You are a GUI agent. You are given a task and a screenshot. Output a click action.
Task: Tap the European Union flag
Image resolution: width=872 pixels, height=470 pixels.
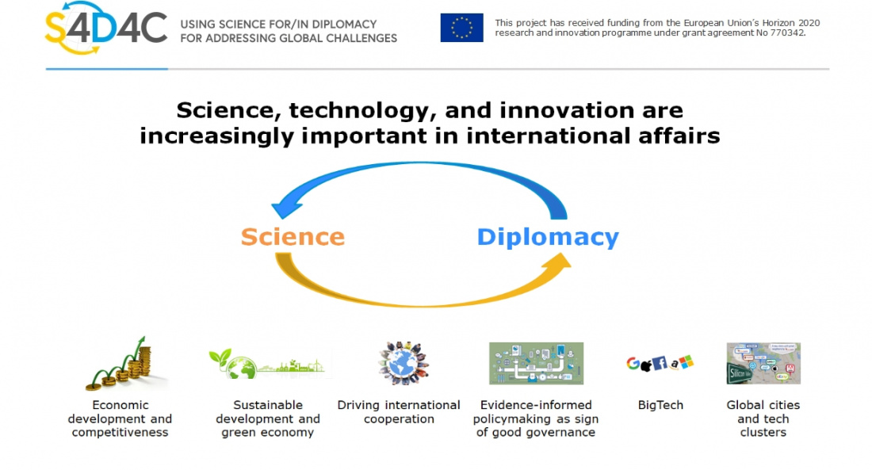point(461,28)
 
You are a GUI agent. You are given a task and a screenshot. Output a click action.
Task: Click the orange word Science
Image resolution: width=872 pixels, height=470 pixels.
point(293,237)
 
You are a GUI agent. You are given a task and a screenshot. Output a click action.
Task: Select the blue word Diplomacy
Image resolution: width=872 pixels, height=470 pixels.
point(547,237)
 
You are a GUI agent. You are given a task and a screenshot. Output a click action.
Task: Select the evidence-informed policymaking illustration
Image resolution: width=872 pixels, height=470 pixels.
point(536,363)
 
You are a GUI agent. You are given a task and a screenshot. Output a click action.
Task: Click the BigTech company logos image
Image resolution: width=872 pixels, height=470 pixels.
point(660,363)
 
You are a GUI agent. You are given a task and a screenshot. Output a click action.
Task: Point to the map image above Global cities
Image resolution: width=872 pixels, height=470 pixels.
point(763,363)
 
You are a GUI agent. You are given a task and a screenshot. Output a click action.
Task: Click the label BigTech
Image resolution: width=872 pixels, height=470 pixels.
point(660,405)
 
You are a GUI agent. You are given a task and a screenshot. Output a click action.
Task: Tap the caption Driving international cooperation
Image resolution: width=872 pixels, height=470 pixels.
point(399,412)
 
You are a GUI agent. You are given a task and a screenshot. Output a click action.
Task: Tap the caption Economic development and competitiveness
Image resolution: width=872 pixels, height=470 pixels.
point(120,418)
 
